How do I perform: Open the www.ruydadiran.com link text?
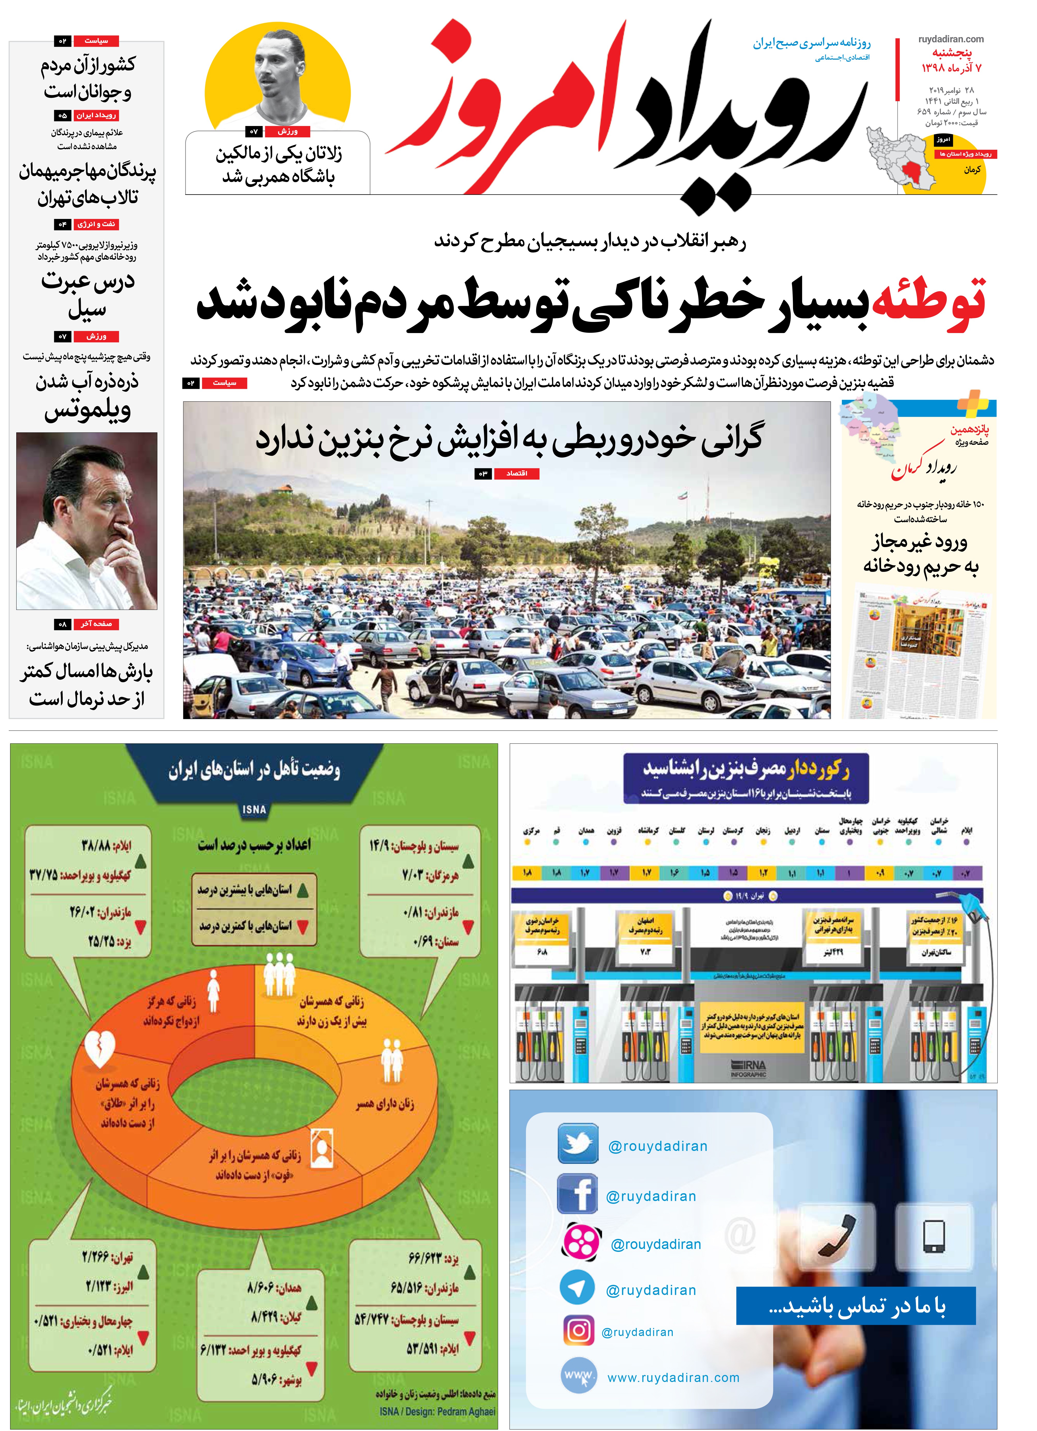[673, 1378]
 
